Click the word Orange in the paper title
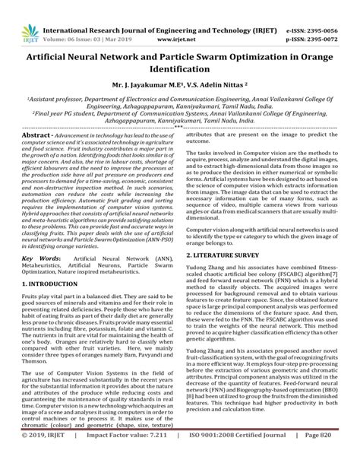coord(315,58)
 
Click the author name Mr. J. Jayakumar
coord(141,86)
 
